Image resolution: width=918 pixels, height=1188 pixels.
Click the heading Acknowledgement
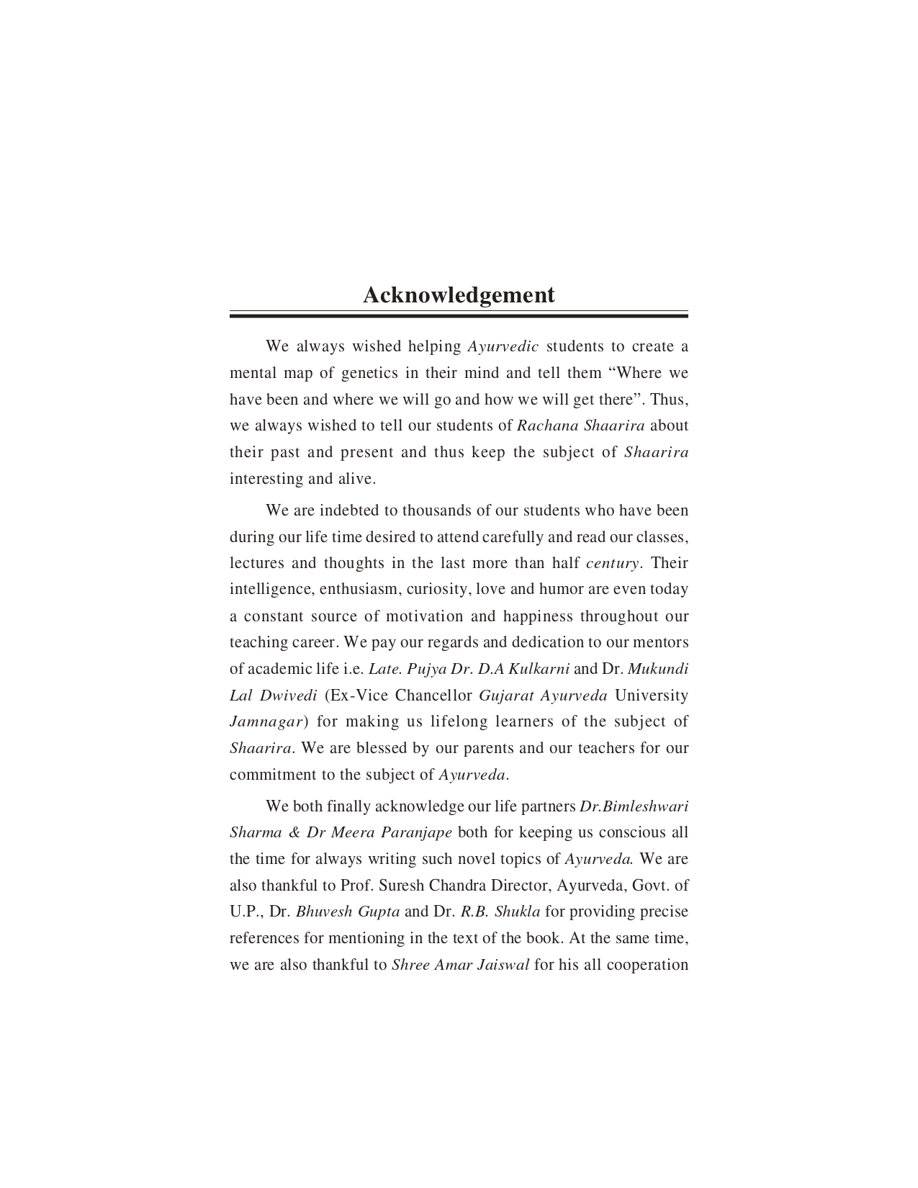pos(459,295)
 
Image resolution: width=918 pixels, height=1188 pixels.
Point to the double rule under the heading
pos(459,315)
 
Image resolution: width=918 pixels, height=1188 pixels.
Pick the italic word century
pos(612,563)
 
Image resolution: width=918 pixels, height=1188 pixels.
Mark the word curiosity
pos(438,590)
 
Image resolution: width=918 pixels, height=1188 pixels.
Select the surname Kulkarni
pos(539,669)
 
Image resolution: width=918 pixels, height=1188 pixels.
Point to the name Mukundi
pos(658,669)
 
